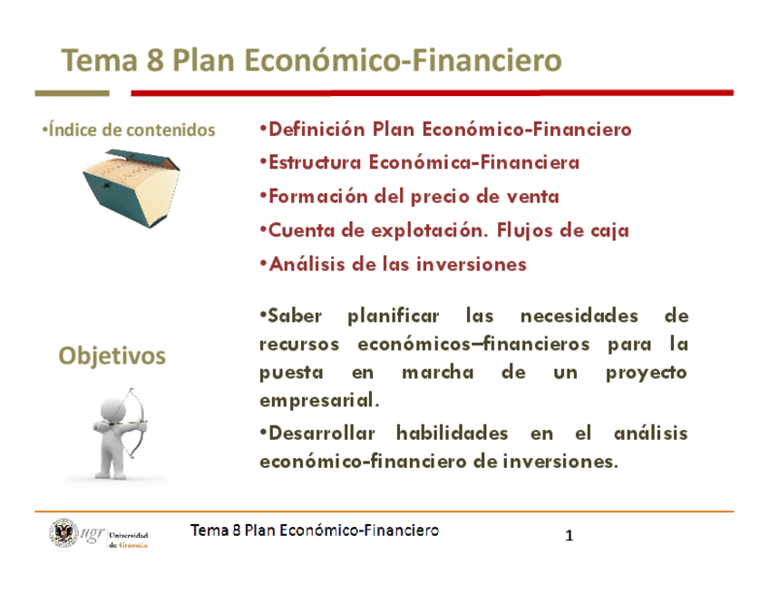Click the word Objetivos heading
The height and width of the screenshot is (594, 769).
tap(112, 355)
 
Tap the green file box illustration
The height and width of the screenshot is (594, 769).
tap(119, 187)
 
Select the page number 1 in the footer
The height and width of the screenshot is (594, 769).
tap(569, 536)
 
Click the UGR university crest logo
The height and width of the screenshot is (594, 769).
tap(64, 533)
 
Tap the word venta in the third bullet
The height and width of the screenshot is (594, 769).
tap(535, 197)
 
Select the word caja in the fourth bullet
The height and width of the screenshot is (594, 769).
tap(608, 230)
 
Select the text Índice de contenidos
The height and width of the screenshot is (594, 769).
tap(130, 130)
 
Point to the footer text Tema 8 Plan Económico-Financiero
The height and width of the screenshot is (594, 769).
tap(315, 531)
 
